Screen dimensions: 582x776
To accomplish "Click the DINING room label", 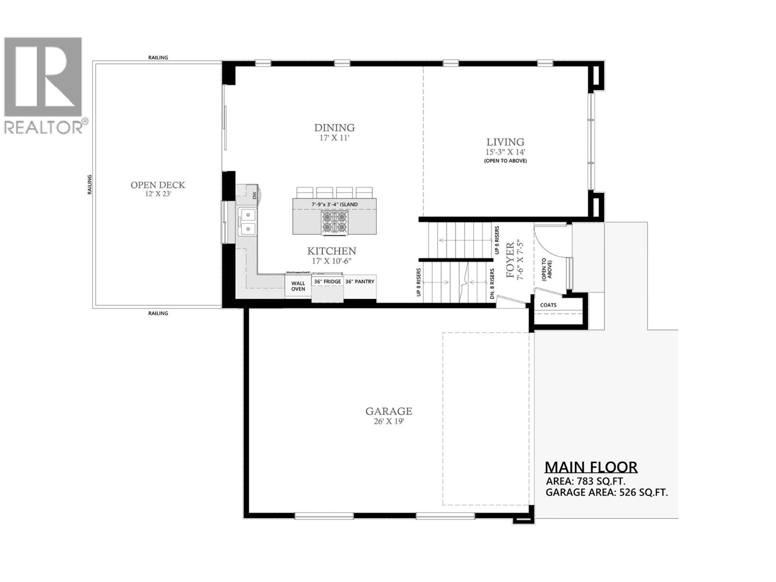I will (334, 128).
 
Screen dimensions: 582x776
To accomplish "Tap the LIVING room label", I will (505, 142).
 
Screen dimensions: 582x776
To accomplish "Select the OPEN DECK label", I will (158, 185).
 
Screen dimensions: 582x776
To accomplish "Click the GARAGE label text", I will (388, 411).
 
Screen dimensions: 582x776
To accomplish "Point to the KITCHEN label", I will (332, 251).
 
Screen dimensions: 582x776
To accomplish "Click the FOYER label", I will (510, 260).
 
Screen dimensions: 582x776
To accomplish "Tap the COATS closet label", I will (548, 305).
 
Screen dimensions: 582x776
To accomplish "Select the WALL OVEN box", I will (298, 286).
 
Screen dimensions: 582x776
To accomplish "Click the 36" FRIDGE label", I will (327, 281).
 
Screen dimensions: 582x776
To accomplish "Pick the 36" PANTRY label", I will (359, 281).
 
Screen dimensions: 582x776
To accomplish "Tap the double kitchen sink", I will (247, 221).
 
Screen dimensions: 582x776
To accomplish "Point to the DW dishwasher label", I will (254, 195).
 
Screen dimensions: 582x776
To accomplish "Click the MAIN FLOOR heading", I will (591, 467).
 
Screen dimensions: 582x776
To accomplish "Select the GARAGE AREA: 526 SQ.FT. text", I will (606, 493).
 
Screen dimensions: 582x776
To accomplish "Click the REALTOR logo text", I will (44, 128).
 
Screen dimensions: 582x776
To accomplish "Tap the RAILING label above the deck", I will (158, 58).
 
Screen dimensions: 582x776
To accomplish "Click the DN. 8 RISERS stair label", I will (492, 284).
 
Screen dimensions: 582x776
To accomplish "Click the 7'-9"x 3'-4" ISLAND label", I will (334, 204).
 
